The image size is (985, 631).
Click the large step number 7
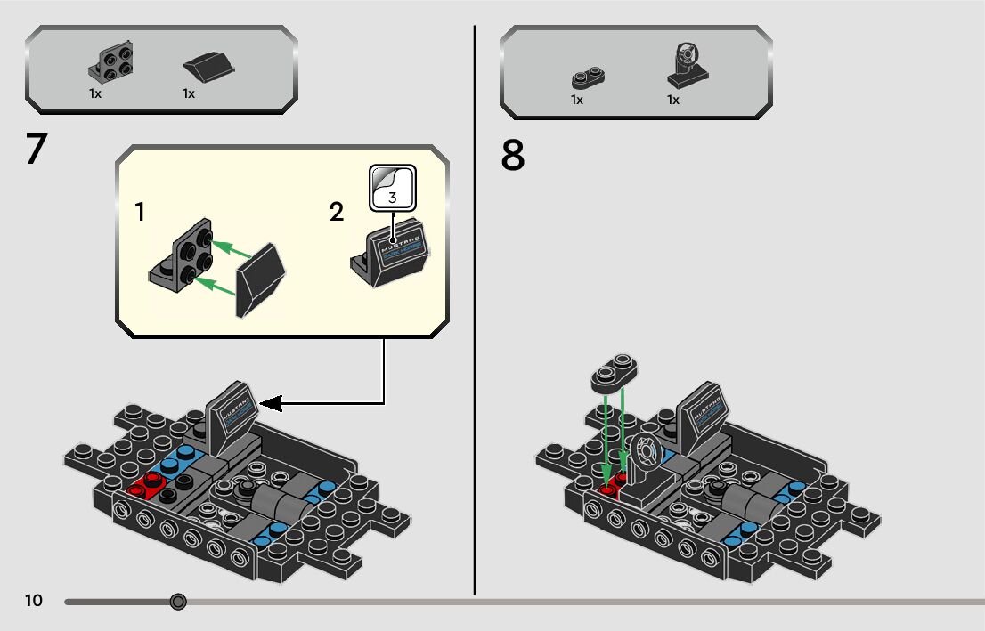pos(36,149)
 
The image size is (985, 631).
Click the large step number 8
pos(513,156)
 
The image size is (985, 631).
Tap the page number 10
pos(34,601)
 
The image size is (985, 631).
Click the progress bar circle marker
pos(178,603)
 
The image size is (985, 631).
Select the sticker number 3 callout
pos(393,187)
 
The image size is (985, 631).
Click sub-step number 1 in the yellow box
pos(140,212)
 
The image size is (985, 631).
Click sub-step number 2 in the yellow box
pos(336,213)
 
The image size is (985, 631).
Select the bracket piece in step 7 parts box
pos(112,61)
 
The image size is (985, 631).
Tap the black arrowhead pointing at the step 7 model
pos(271,404)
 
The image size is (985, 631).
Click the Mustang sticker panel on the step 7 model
pos(232,410)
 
